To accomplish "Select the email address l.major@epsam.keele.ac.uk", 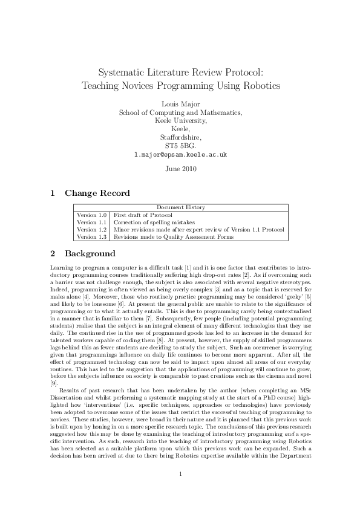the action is tap(180, 155).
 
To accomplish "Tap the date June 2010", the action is tap(180, 169).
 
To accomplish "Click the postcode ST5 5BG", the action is tap(180, 146).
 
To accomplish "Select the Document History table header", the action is tap(180, 207).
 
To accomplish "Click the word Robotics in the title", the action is tap(261, 85).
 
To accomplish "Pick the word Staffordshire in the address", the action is tap(180, 138).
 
